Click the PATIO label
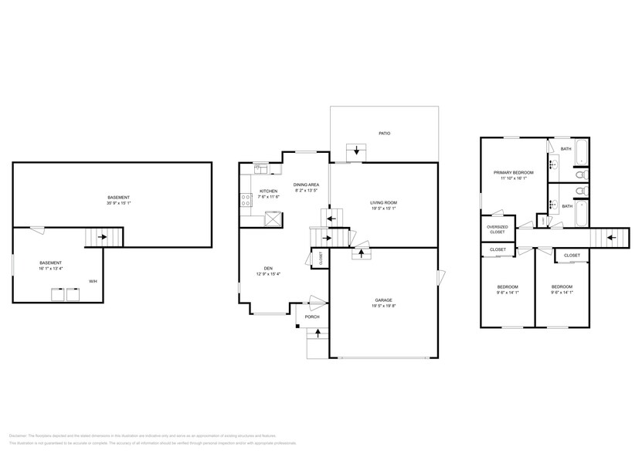click(x=384, y=134)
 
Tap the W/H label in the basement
click(x=93, y=280)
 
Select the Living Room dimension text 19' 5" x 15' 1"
click(x=384, y=208)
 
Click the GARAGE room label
click(x=384, y=300)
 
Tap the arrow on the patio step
click(x=357, y=151)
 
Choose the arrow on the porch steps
click(x=318, y=334)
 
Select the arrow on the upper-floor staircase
click(x=611, y=238)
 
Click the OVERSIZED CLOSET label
click(x=497, y=229)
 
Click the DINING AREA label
click(x=307, y=185)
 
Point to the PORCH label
click(x=312, y=317)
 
